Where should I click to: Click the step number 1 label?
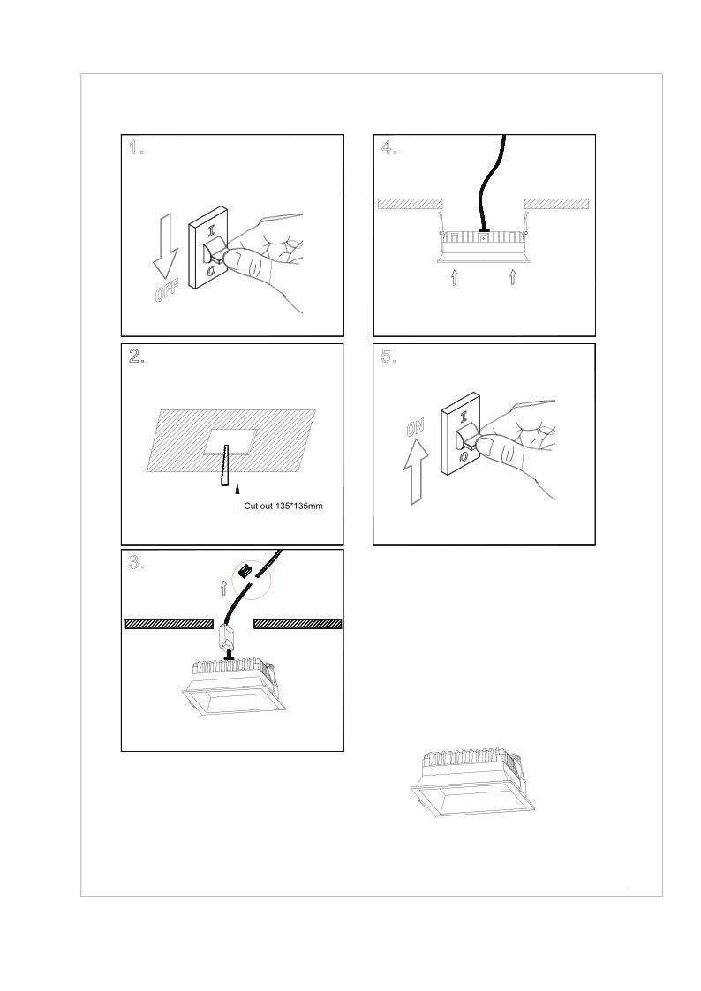136,148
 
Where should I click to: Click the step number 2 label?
137,357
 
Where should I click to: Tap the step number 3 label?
136,563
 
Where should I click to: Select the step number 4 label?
388,148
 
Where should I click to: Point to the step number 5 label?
388,357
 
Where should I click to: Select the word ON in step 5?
415,429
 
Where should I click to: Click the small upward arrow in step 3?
223,589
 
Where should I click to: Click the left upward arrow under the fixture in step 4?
454,279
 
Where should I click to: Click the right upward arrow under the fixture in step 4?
512,279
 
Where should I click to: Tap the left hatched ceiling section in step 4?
409,204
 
